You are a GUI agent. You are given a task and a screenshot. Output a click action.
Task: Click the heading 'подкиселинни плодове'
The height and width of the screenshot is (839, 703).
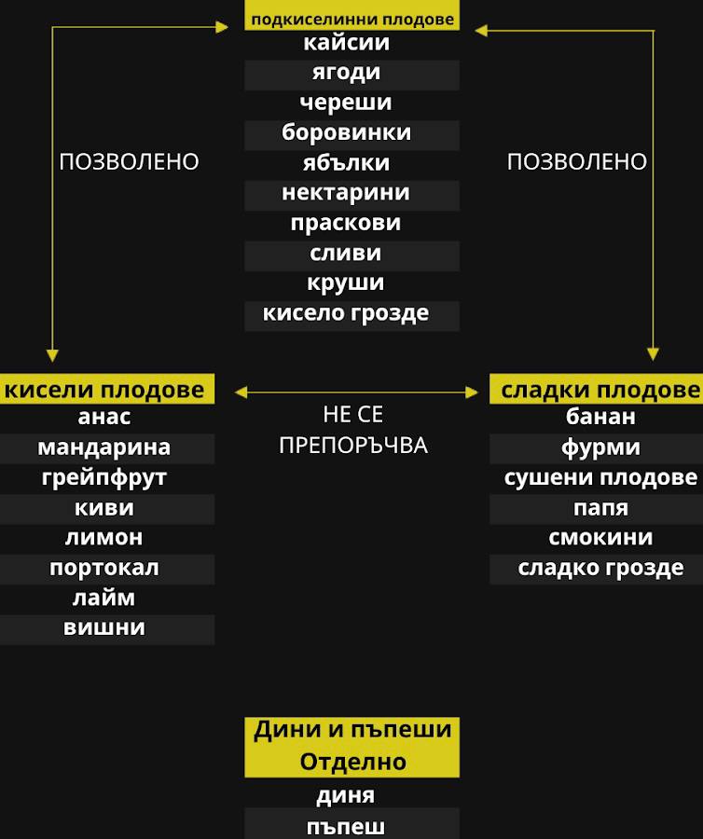[351, 18]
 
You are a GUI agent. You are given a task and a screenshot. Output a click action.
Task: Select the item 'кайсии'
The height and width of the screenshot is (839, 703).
[347, 43]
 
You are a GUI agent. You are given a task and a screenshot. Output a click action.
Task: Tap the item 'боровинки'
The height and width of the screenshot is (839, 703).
[347, 133]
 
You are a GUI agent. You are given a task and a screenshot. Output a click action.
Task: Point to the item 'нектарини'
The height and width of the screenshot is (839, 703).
[346, 194]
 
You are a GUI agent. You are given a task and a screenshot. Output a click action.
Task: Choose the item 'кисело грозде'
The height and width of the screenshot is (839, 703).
[346, 313]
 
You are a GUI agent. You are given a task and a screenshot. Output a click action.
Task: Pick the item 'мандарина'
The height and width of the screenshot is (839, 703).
[104, 447]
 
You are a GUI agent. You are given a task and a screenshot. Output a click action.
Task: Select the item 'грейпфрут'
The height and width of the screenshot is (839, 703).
[104, 478]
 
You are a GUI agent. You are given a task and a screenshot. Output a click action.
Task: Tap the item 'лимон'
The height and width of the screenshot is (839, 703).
[104, 538]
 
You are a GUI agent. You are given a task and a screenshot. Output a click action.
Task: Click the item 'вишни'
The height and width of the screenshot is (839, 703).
[104, 628]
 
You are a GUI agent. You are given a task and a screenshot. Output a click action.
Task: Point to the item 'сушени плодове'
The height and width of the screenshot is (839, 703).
[600, 478]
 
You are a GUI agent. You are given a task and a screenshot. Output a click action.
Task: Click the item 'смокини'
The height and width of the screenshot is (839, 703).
[600, 538]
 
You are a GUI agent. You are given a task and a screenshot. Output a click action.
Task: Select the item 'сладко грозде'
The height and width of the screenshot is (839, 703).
[600, 568]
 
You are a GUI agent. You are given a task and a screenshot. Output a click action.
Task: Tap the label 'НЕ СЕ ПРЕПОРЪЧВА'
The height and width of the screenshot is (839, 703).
[352, 430]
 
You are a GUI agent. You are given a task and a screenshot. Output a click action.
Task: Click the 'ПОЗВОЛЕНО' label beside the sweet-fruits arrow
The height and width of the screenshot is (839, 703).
[576, 162]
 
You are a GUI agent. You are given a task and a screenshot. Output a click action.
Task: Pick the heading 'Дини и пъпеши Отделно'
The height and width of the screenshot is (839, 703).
[352, 746]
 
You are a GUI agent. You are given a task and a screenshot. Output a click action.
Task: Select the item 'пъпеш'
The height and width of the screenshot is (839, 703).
[346, 827]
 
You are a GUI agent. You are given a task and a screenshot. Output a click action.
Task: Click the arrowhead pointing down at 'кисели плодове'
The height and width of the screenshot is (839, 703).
[52, 355]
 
